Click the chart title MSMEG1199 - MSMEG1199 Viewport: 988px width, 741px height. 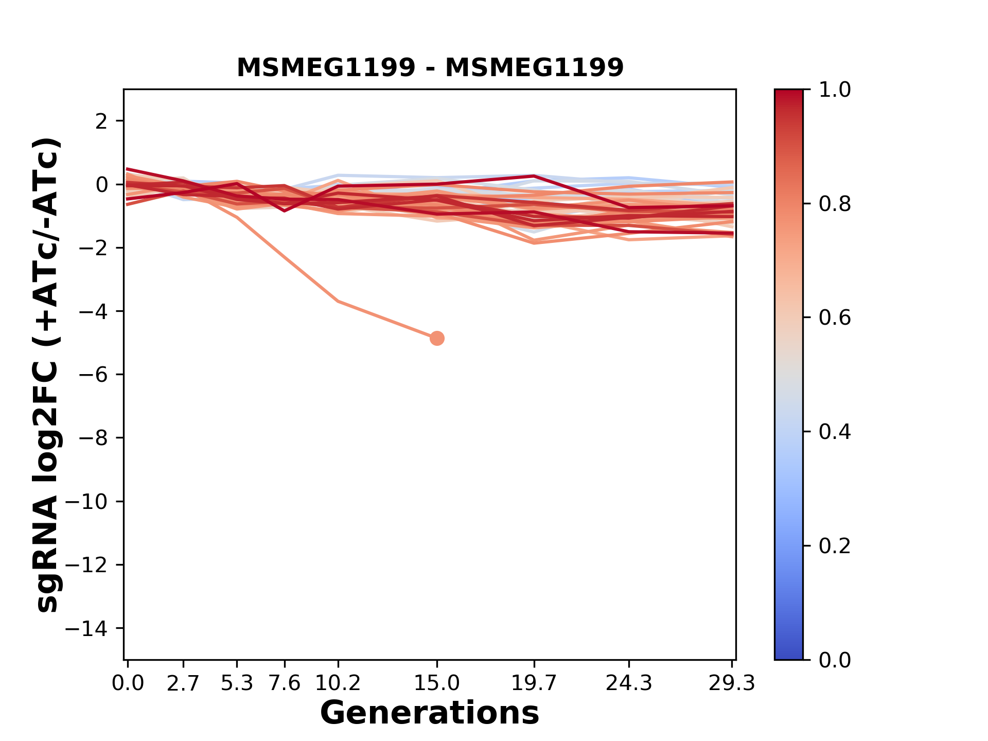[430, 67]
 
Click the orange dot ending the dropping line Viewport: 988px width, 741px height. [437, 338]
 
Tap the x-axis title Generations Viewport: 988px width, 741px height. [430, 713]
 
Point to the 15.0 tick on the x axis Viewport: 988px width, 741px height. [437, 683]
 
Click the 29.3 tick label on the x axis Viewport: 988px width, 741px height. [732, 683]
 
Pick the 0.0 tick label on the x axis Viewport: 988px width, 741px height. [128, 683]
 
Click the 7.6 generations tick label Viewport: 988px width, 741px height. [285, 683]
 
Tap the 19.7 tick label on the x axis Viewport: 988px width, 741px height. [534, 683]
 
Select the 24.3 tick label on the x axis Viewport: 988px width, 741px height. [629, 683]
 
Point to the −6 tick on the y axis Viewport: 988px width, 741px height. [93, 375]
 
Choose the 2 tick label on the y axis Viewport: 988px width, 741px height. [101, 121]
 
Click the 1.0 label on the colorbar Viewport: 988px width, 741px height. [835, 90]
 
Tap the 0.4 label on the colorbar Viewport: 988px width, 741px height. [835, 432]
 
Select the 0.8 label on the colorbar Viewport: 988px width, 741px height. [835, 204]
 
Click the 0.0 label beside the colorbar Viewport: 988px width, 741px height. [835, 660]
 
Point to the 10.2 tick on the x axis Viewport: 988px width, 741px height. [338, 683]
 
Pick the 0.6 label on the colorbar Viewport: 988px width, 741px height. [835, 318]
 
